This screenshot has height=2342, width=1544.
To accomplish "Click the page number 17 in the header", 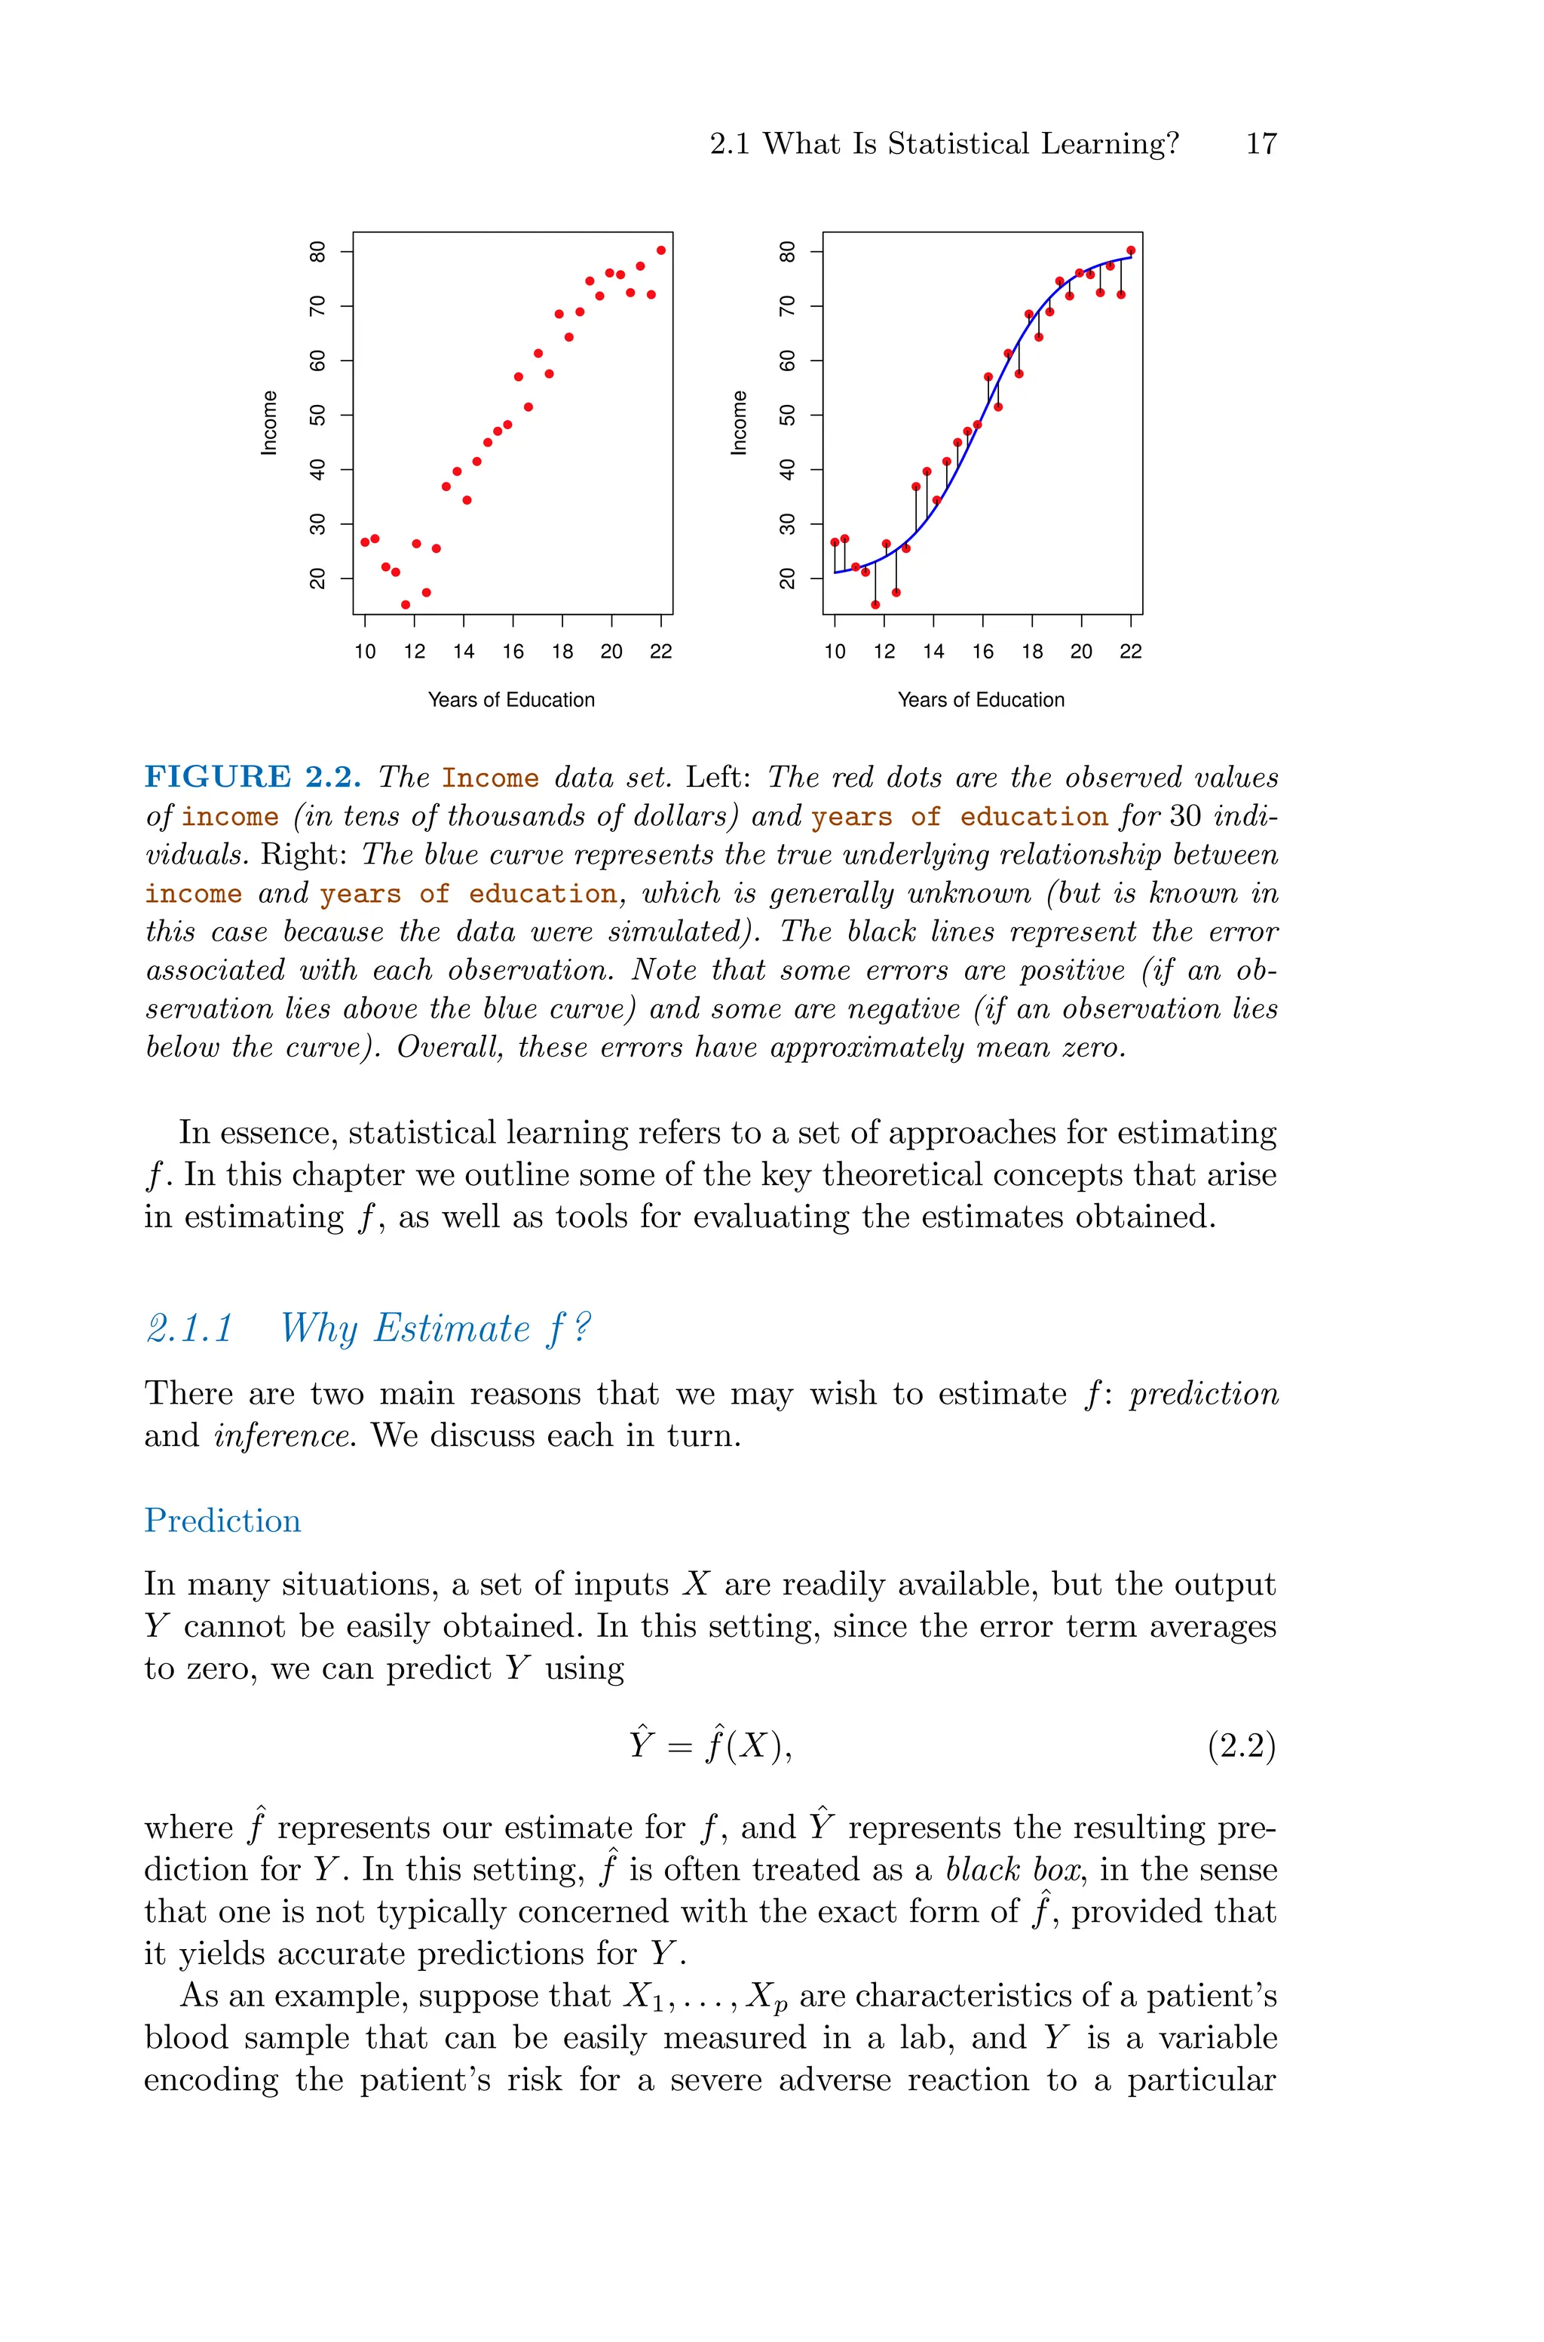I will click(x=1261, y=144).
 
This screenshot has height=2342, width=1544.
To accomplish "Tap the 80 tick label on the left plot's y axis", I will click(x=318, y=251).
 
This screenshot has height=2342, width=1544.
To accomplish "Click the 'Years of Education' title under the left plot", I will click(x=511, y=700).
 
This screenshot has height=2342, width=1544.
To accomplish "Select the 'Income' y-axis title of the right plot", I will click(x=739, y=423).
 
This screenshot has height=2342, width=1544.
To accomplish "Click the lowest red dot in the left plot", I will click(x=406, y=605).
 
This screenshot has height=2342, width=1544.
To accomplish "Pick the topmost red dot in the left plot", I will click(x=660, y=250).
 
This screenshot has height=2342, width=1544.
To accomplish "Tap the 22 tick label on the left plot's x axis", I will click(x=660, y=652).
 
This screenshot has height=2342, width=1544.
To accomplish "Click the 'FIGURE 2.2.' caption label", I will click(x=252, y=777).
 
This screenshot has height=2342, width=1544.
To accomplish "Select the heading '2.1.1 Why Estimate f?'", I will click(x=367, y=1328).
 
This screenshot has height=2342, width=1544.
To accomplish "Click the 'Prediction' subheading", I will click(x=222, y=1521).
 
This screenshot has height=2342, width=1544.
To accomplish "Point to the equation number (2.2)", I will click(x=1241, y=1746).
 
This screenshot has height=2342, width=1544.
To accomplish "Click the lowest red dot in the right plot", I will click(x=875, y=605).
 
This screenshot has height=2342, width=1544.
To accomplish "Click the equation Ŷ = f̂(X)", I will click(x=711, y=1745).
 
